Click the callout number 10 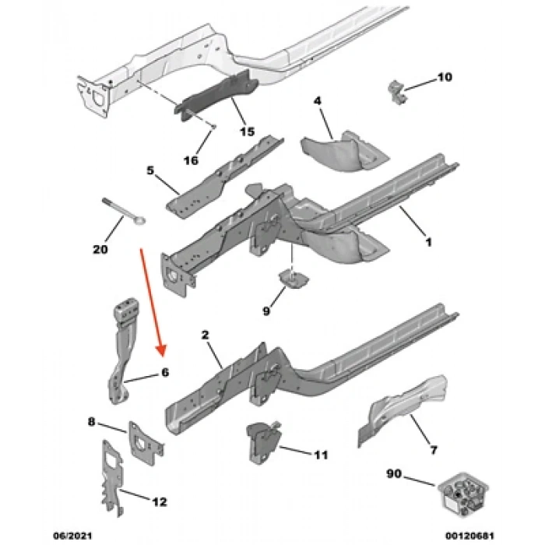(x=443, y=77)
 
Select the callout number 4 (x=318, y=101)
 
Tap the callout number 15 (x=247, y=132)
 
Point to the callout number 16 (x=191, y=160)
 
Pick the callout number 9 (x=266, y=311)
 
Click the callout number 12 (x=159, y=502)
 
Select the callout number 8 (x=92, y=422)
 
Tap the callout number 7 (x=433, y=449)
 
